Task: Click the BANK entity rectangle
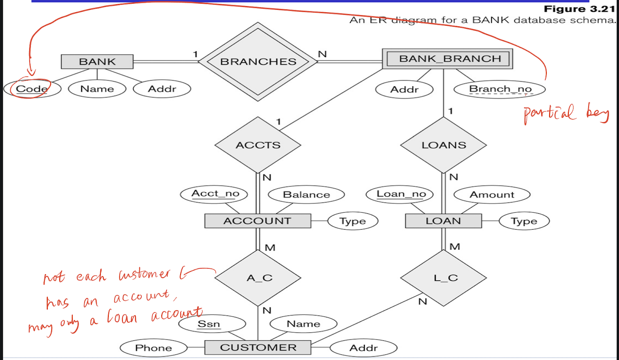coord(97,61)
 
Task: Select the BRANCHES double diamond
coord(258,61)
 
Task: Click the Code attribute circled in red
coord(32,89)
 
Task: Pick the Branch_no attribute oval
coord(500,89)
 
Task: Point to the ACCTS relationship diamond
coord(258,145)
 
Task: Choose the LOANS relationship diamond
coord(444,145)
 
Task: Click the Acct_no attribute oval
coord(215,194)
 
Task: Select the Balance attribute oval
coord(306,195)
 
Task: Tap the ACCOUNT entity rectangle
coord(257,221)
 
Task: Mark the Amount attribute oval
coord(492,195)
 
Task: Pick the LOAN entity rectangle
coord(443,221)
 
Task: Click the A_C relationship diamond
coord(258,278)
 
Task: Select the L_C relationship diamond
coord(444,278)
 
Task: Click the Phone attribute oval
coord(153,348)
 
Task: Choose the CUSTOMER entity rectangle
coord(257,348)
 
